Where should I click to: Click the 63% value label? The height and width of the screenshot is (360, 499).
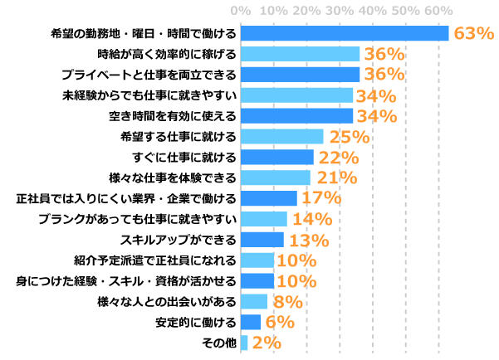coord(474,33)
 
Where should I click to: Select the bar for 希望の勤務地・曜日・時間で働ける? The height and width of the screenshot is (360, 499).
coord(345,33)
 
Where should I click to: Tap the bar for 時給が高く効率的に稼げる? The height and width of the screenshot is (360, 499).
coord(300,54)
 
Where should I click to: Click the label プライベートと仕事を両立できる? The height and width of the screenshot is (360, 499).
coord(154,75)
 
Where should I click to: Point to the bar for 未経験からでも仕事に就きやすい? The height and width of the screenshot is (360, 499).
coord(296,95)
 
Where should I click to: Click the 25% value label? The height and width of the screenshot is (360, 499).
coord(349,137)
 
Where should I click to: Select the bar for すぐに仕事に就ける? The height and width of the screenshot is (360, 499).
coord(276,157)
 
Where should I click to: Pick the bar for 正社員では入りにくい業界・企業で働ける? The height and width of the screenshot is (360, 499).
coord(268,198)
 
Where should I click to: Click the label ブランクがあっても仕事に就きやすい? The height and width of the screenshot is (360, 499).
coord(138,219)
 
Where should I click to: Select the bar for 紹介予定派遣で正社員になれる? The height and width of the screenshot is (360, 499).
coord(257,260)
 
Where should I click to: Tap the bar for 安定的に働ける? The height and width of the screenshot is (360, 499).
coord(251,322)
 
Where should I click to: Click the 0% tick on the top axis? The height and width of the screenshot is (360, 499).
coord(241,10)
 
